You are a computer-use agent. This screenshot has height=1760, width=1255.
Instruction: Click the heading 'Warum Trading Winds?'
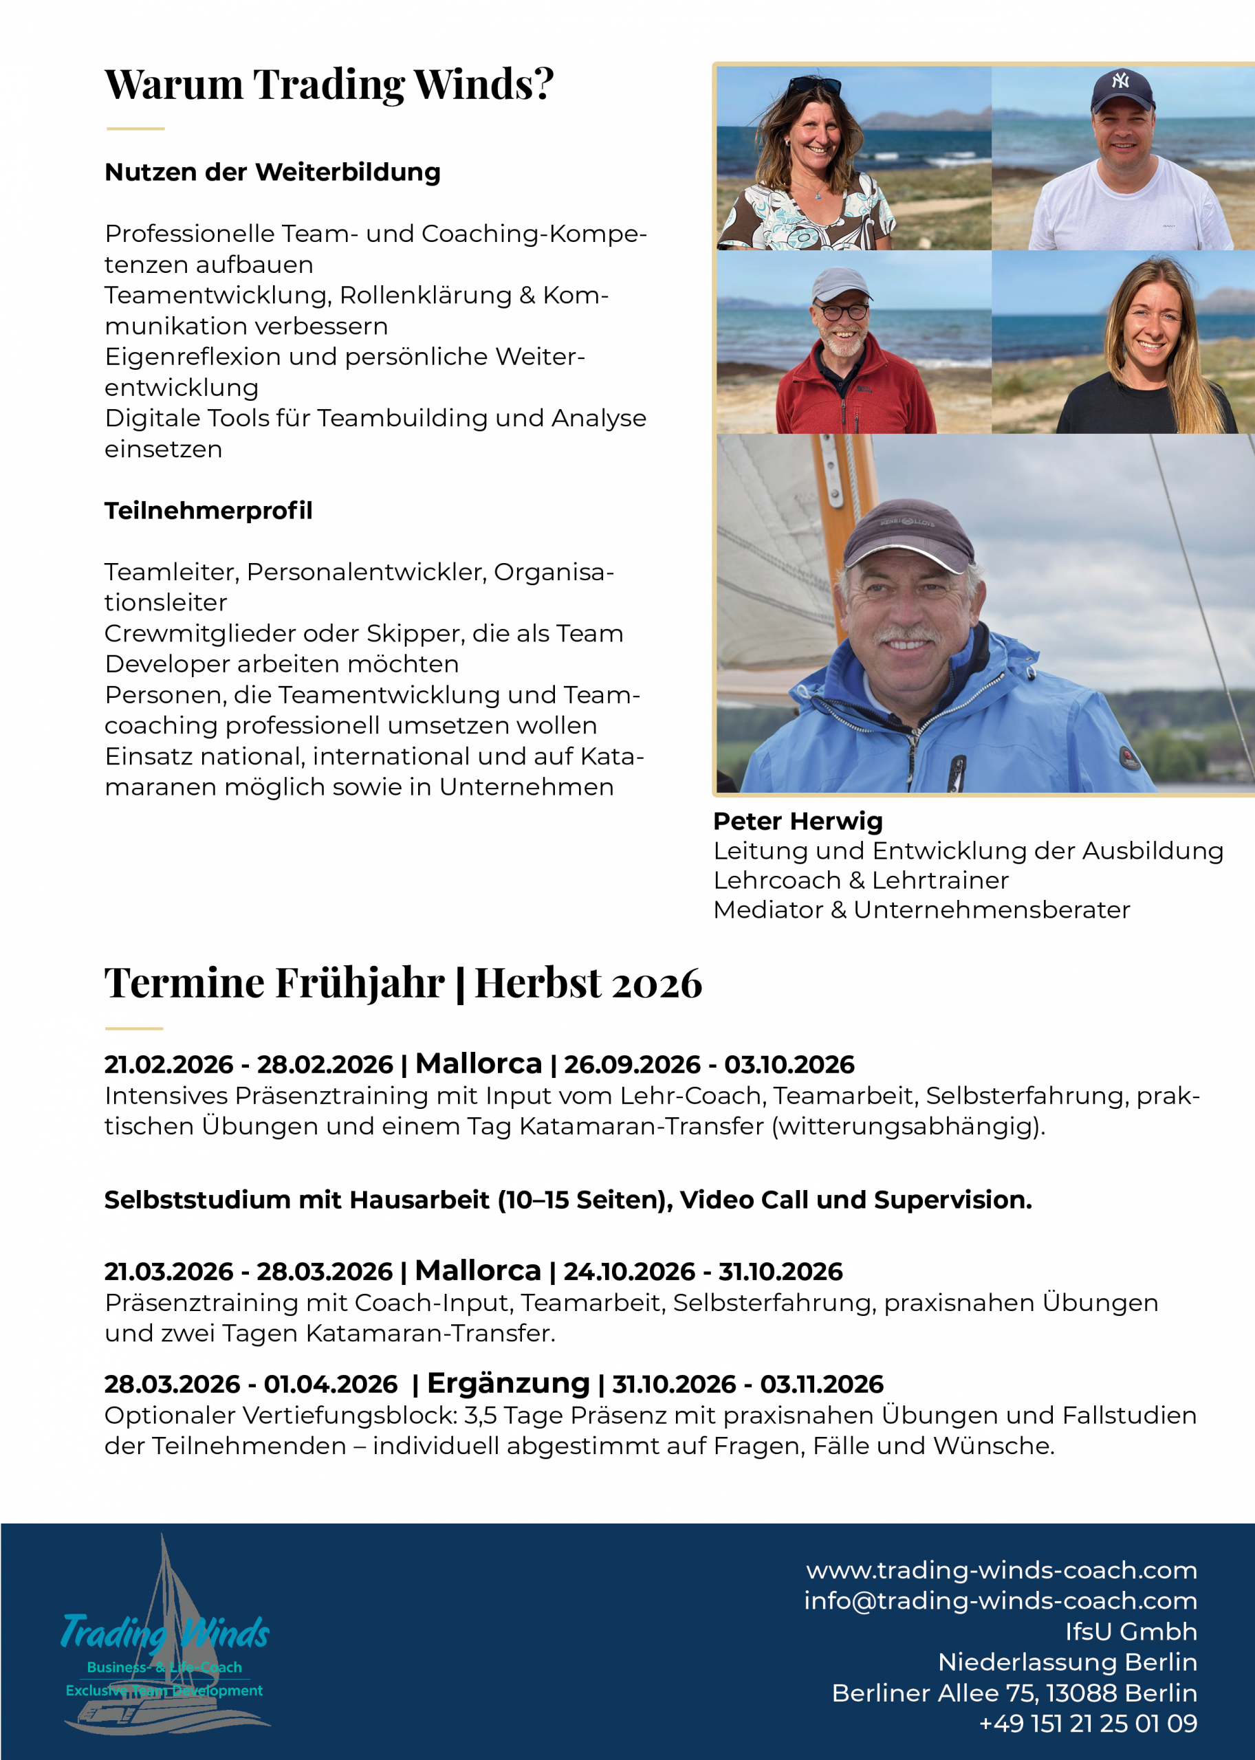click(329, 83)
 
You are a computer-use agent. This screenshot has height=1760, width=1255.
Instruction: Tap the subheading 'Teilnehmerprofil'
click(208, 511)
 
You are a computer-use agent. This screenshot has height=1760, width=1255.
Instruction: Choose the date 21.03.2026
click(168, 1272)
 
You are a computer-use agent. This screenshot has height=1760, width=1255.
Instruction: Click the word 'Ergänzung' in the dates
click(508, 1383)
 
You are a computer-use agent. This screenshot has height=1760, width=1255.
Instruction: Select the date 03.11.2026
click(822, 1385)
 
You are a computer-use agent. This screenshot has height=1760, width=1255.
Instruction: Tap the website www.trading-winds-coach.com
click(1001, 1570)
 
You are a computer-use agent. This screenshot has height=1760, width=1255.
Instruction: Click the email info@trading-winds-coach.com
click(1000, 1600)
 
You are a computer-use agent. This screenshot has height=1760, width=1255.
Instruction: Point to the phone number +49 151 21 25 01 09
click(1087, 1724)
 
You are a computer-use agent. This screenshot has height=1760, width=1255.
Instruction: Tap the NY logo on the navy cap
click(1120, 80)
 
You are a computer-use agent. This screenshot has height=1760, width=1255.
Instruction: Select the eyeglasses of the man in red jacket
click(843, 312)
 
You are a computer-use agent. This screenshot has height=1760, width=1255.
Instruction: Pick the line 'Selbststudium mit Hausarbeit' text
click(567, 1200)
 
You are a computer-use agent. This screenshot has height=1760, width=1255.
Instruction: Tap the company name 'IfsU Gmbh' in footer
click(1131, 1631)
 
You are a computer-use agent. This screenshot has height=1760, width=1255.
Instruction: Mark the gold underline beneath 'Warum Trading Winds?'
click(135, 129)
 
